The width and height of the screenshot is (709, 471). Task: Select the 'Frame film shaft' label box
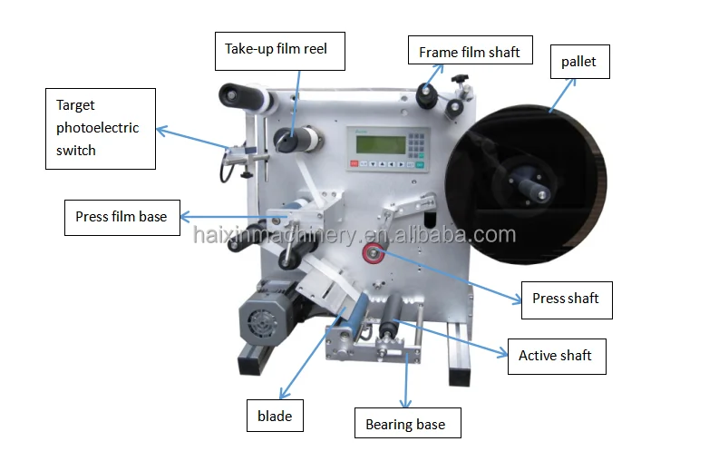(x=469, y=53)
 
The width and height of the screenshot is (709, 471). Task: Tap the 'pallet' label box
(x=578, y=63)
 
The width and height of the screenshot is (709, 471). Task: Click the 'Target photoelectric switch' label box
(x=100, y=128)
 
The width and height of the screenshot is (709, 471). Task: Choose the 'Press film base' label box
(x=121, y=217)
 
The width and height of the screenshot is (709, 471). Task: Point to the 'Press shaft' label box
(x=566, y=299)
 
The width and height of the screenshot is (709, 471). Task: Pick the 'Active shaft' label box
(x=555, y=355)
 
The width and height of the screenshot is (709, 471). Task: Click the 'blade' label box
(x=274, y=416)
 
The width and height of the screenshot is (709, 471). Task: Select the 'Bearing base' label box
(x=405, y=424)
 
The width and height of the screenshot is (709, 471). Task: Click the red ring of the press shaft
(x=371, y=255)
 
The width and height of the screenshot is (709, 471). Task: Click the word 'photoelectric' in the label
(x=98, y=128)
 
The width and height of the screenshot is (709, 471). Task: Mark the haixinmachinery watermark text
(x=354, y=235)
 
